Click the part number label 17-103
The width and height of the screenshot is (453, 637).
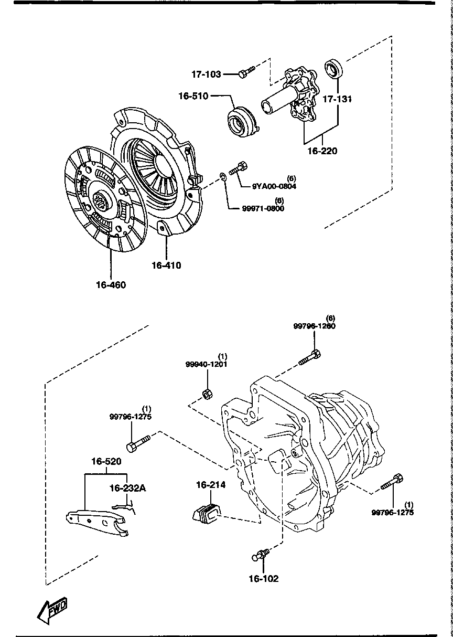(x=206, y=75)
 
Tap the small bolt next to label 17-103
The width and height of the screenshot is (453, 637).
(x=245, y=71)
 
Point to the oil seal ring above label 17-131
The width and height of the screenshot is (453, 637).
(x=334, y=69)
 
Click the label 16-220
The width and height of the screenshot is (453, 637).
(x=322, y=151)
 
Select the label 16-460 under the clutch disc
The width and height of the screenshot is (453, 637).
(x=111, y=285)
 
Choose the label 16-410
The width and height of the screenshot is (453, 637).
(x=166, y=266)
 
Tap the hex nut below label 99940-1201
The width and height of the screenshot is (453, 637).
(x=207, y=393)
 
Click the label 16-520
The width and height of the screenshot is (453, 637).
(x=106, y=462)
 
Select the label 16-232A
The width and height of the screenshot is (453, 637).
(x=127, y=488)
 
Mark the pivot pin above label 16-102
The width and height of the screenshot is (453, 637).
(x=262, y=553)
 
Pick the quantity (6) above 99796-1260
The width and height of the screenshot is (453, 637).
(x=330, y=318)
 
